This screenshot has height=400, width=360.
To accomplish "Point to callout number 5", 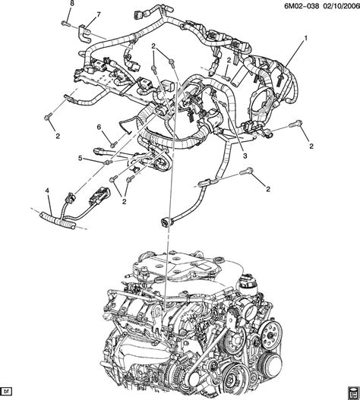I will click(x=79, y=159).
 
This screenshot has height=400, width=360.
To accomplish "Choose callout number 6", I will click(x=98, y=127).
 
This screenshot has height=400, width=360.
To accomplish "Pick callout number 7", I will click(x=97, y=15).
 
